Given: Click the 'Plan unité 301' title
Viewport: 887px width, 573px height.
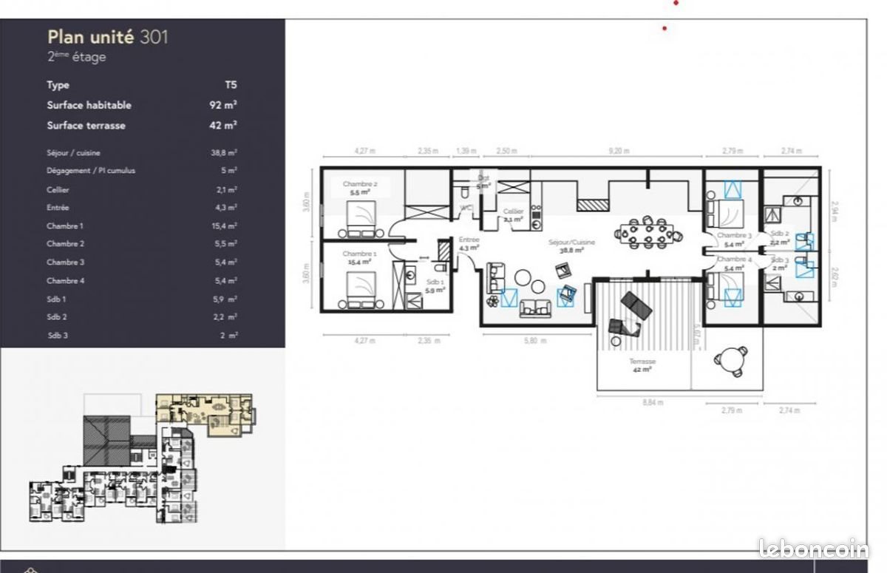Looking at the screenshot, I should pyautogui.click(x=107, y=37).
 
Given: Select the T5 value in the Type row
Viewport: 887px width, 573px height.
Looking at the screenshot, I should pyautogui.click(x=231, y=85).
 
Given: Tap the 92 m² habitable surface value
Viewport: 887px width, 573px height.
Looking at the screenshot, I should pyautogui.click(x=222, y=105).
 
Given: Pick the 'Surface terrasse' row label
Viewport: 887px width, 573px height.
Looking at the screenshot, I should pyautogui.click(x=86, y=126).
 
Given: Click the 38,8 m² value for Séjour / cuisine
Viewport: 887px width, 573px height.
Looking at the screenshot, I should pyautogui.click(x=223, y=152).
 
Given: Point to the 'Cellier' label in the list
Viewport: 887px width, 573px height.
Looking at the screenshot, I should pyautogui.click(x=58, y=189).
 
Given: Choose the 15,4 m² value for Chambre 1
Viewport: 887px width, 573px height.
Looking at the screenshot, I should pyautogui.click(x=223, y=226).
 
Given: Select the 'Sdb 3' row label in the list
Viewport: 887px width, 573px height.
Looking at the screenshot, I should pyautogui.click(x=56, y=335).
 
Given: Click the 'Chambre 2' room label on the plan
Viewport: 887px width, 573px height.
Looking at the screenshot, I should pyautogui.click(x=360, y=184).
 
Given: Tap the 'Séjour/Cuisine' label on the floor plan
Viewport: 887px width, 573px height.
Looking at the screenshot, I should pyautogui.click(x=571, y=242).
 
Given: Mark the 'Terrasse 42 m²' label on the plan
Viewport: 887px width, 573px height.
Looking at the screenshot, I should pyautogui.click(x=642, y=365).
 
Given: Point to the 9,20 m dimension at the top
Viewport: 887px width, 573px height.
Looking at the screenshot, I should pyautogui.click(x=619, y=151).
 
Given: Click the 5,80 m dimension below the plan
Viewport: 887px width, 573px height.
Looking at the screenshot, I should pyautogui.click(x=534, y=341).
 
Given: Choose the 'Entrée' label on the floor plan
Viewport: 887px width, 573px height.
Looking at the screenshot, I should pyautogui.click(x=469, y=240).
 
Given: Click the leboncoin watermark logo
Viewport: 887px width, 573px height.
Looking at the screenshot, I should pyautogui.click(x=813, y=548).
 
